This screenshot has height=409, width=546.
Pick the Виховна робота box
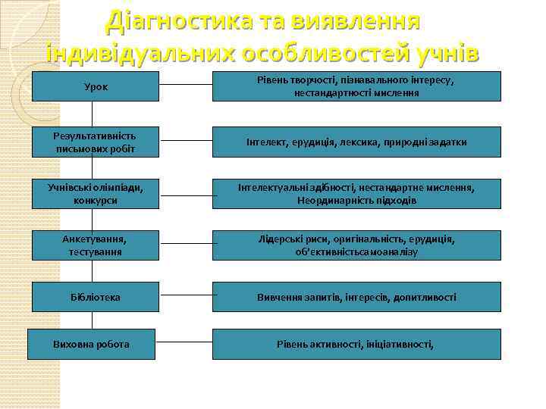(92, 344)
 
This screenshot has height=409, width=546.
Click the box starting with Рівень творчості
(356, 86)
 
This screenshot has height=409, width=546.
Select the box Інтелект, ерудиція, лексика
(356, 142)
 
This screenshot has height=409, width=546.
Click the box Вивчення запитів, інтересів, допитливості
(356, 297)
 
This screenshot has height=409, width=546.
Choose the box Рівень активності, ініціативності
(356, 344)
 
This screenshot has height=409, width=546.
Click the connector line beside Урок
(186, 86)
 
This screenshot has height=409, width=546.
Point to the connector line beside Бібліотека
(186, 297)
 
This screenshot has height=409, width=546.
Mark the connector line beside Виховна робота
(184, 344)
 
